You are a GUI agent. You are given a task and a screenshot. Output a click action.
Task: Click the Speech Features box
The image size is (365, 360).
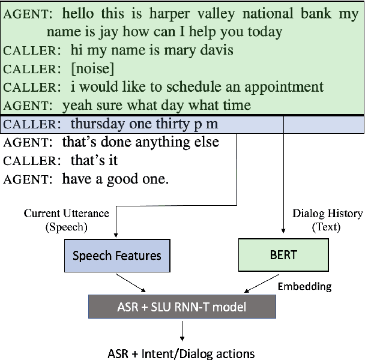coord(116,255)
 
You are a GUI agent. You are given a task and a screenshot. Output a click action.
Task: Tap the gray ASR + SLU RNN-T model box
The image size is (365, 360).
coord(182,307)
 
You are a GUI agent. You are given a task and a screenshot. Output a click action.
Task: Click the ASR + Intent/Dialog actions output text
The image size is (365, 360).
coord(182,353)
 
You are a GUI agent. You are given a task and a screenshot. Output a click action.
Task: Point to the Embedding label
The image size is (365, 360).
coord(304,286)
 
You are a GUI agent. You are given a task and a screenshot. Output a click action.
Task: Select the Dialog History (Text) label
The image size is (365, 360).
coord(327,220)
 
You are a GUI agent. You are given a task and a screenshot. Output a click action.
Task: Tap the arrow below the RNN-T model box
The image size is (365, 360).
coord(182,330)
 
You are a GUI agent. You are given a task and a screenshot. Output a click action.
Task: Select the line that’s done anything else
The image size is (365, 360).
coord(140,142)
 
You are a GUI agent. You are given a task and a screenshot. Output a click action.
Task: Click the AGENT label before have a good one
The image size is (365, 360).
coord(29,179)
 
